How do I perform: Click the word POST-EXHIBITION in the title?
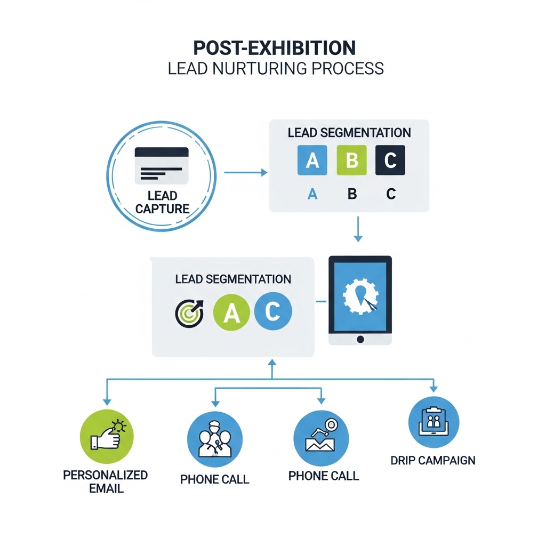click(x=274, y=48)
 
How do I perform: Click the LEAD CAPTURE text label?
click(x=162, y=202)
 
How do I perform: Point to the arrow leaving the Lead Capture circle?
click(x=245, y=172)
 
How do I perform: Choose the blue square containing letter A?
click(x=312, y=160)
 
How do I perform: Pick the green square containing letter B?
click(x=351, y=160)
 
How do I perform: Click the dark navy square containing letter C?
click(x=390, y=160)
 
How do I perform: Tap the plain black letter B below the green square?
click(x=352, y=194)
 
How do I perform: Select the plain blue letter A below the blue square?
click(x=312, y=194)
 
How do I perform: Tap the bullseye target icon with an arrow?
click(x=189, y=313)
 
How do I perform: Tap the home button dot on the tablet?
click(x=360, y=339)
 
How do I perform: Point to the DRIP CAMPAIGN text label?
click(x=433, y=460)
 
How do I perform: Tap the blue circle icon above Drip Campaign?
click(x=433, y=422)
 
